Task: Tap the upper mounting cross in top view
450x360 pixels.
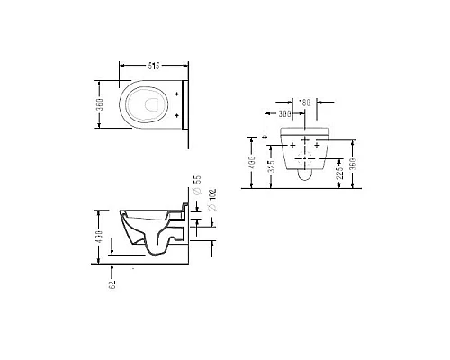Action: [178, 93]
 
